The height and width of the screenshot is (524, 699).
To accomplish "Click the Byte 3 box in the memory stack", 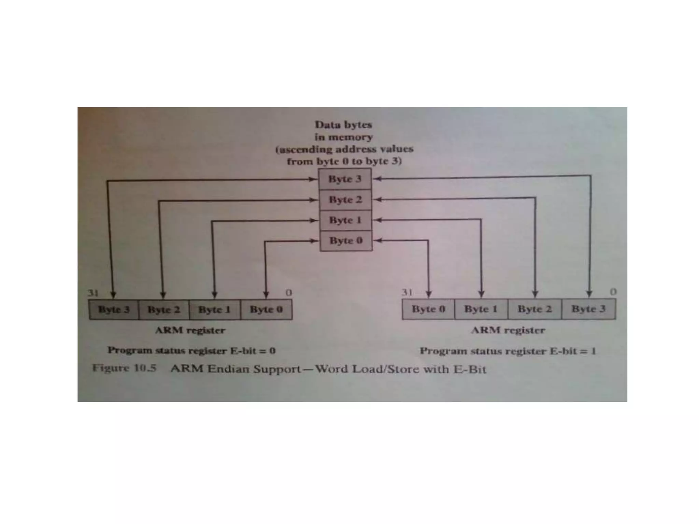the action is [345, 179].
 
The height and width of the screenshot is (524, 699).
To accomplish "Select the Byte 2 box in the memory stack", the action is [345, 200].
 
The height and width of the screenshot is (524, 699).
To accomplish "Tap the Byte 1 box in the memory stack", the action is [345, 220].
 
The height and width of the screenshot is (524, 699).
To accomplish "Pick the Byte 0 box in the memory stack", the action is [346, 241].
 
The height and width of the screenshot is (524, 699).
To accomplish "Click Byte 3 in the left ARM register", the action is [114, 309].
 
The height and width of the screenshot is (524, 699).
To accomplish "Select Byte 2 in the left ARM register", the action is [163, 309].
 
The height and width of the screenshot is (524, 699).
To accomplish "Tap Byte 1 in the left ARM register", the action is [214, 309].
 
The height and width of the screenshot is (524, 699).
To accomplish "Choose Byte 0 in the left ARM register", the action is [266, 309].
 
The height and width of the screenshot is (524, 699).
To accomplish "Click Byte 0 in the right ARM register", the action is [428, 309].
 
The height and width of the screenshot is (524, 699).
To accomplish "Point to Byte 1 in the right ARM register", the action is [481, 309].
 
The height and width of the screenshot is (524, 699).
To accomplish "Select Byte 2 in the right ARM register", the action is [534, 309].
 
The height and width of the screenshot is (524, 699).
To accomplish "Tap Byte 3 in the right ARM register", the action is [588, 309].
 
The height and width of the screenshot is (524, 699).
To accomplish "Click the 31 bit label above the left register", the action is [93, 293].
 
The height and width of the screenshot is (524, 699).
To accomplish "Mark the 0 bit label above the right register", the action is [613, 292].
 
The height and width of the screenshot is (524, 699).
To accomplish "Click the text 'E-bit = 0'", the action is [253, 351].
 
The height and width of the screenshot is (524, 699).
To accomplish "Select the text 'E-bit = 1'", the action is [573, 351].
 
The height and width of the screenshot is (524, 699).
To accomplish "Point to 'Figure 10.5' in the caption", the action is [124, 368].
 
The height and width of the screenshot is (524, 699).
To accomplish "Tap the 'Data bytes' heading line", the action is [343, 125].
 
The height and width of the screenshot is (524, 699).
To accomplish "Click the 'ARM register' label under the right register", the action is [508, 330].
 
